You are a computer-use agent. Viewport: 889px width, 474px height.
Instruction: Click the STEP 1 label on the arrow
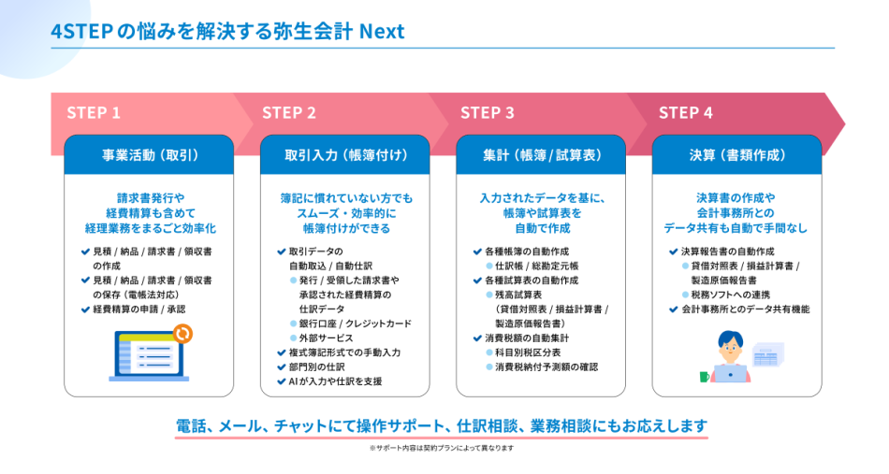pos(94,113)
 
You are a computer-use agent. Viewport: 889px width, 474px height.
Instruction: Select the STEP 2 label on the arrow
pos(289,113)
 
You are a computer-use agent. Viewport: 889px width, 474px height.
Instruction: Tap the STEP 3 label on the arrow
pos(487,113)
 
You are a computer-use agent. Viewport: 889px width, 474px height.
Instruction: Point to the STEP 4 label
pos(685,113)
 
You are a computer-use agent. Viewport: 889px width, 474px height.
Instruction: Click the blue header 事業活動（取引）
pos(149,155)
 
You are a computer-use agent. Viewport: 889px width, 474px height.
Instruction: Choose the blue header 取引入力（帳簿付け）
pos(344,155)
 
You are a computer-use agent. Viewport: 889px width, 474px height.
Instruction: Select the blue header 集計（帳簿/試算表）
pos(541,155)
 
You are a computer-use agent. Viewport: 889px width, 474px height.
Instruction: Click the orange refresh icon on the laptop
pos(182,333)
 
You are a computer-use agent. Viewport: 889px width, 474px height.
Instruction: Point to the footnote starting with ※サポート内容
pos(442,448)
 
